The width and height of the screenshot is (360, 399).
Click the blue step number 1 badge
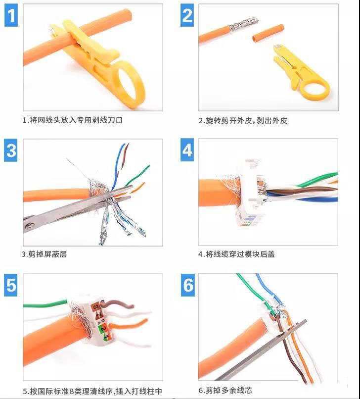(x=12, y=15)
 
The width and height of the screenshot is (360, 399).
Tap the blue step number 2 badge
(x=187, y=15)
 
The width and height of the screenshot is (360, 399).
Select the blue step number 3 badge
(x=11, y=150)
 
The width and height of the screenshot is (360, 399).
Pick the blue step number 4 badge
(x=187, y=150)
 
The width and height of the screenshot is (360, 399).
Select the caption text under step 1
(x=72, y=120)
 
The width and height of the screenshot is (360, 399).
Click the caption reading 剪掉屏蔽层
(x=45, y=254)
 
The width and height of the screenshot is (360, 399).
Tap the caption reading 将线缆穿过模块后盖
(x=237, y=254)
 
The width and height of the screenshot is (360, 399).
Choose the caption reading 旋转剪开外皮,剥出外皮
(x=243, y=120)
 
